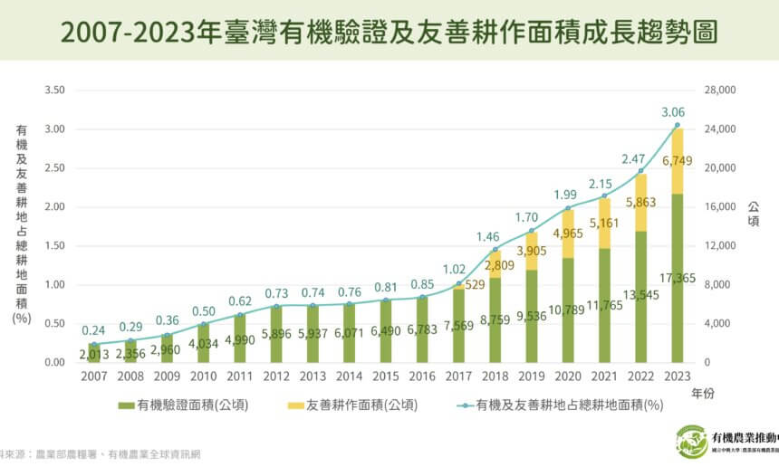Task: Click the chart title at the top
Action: pyautogui.click(x=389, y=33)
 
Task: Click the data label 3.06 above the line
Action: pyautogui.click(x=673, y=112)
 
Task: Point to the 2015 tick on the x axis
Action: pyautogui.click(x=386, y=375)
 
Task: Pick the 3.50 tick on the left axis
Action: pyautogui.click(x=54, y=91)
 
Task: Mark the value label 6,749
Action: pyautogui.click(x=678, y=161)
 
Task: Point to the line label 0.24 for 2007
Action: pyautogui.click(x=93, y=330)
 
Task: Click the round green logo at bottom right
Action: pyautogui.click(x=692, y=442)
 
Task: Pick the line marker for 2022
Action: pyautogui.click(x=640, y=170)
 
